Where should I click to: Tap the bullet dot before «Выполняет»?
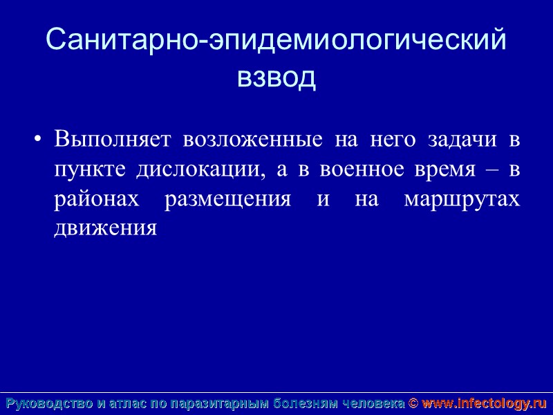coord(37,140)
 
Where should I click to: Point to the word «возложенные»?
coord(253,140)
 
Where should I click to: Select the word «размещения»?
coord(228,199)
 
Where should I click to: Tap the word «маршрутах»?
coord(462,199)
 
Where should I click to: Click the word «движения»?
coord(106,228)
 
